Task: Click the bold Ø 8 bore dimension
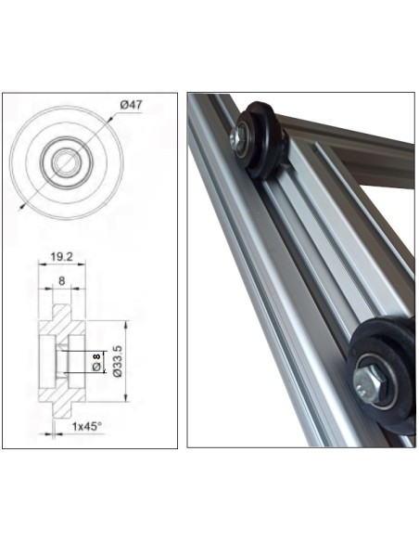pos(95,363)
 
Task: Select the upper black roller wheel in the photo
pos(260,139)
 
